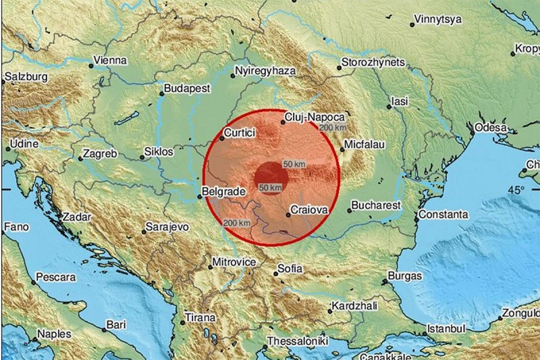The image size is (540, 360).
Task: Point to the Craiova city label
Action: coord(311,211)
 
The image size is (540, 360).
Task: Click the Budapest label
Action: coord(188,88)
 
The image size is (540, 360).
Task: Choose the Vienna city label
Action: coord(111,60)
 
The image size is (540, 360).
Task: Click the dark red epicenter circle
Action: coord(272,178)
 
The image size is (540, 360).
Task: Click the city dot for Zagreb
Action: coord(80,159)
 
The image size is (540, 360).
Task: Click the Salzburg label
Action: coord(26,77)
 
